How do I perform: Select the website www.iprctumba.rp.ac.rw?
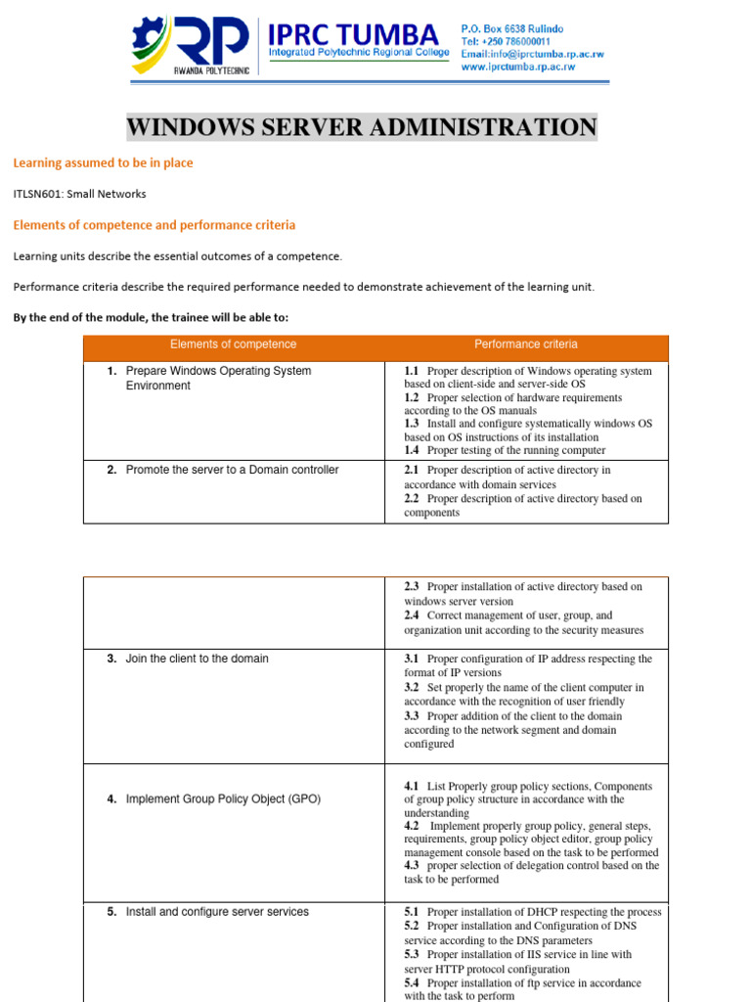coord(518,68)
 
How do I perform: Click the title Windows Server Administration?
coord(361,127)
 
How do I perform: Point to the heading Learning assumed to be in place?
coord(103,163)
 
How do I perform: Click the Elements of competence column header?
coord(233,344)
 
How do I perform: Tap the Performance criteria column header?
coord(525,344)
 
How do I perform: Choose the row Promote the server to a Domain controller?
coord(232,470)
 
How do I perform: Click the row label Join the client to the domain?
coord(197,659)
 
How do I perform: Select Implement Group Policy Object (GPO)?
coord(223,799)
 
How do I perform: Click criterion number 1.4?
coord(411,450)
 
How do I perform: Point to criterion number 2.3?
coord(411,587)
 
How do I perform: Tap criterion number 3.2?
coord(411,688)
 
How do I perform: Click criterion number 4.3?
coord(411,865)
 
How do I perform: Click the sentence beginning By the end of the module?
coord(152,318)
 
